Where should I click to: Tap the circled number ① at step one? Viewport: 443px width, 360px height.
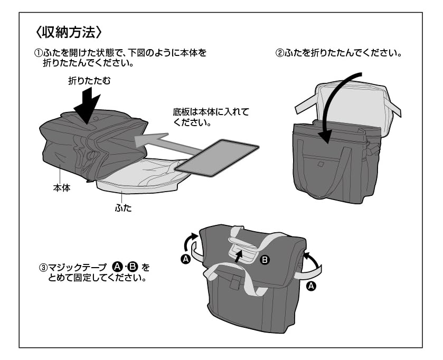(37, 54)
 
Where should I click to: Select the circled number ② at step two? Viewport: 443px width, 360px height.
(280, 54)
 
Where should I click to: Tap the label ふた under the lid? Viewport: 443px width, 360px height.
(122, 208)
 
